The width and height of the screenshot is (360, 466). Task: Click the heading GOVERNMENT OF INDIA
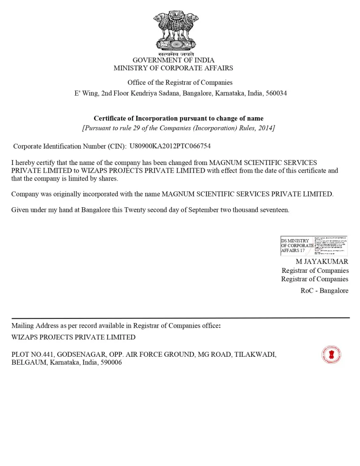173,60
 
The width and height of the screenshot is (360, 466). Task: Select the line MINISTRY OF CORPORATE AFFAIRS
173,68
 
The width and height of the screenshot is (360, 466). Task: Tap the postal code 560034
276,93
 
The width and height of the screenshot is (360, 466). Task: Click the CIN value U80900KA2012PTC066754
170,146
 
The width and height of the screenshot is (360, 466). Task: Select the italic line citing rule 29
179,128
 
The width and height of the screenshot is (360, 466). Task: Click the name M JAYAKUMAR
322,261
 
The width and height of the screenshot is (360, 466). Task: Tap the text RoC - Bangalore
324,291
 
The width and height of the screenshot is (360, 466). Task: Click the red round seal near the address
331,355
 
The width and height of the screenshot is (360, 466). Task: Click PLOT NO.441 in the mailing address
32,354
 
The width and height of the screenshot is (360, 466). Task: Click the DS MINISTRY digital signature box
314,245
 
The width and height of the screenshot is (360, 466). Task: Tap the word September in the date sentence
204,210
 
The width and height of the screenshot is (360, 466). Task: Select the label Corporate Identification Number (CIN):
70,146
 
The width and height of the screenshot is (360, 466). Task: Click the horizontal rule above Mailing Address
180,318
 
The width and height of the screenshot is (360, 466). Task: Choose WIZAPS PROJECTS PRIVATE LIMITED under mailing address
74,337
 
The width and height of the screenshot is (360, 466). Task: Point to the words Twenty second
146,210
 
